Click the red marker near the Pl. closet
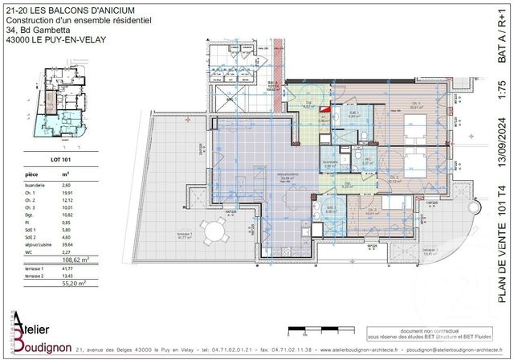tap(324, 108)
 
